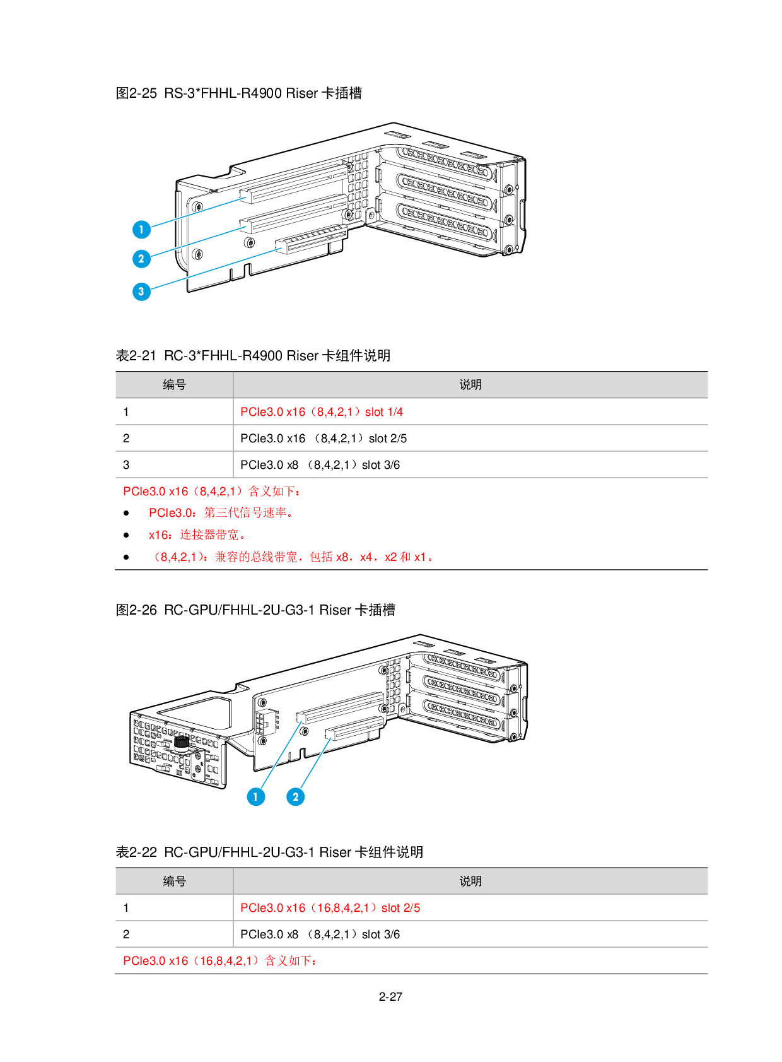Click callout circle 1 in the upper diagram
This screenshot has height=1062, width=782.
pyautogui.click(x=141, y=230)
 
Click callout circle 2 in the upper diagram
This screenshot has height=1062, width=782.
pyautogui.click(x=141, y=259)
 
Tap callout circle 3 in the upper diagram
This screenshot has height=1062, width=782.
pyautogui.click(x=141, y=292)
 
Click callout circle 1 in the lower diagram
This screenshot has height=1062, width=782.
pyautogui.click(x=255, y=797)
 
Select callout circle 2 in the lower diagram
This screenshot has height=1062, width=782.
pyautogui.click(x=295, y=797)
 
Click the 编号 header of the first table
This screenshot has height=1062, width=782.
pyautogui.click(x=174, y=385)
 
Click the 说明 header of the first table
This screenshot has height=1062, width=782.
pyautogui.click(x=470, y=385)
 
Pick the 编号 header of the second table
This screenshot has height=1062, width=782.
pyautogui.click(x=174, y=882)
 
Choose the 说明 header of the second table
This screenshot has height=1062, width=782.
pyautogui.click(x=470, y=882)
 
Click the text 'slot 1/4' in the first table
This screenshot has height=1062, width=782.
pyautogui.click(x=384, y=412)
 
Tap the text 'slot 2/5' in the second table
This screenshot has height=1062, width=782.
pyautogui.click(x=400, y=908)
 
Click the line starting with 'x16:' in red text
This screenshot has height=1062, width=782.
pyautogui.click(x=196, y=535)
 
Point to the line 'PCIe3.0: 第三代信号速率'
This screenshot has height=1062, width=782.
pyautogui.click(x=220, y=513)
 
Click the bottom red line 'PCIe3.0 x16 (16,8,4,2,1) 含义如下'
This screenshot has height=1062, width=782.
pyautogui.click(x=219, y=961)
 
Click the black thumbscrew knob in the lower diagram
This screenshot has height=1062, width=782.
pyautogui.click(x=182, y=742)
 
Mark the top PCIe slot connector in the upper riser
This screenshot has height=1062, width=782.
pyautogui.click(x=293, y=183)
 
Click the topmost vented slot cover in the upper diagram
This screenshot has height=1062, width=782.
pyautogui.click(x=445, y=162)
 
